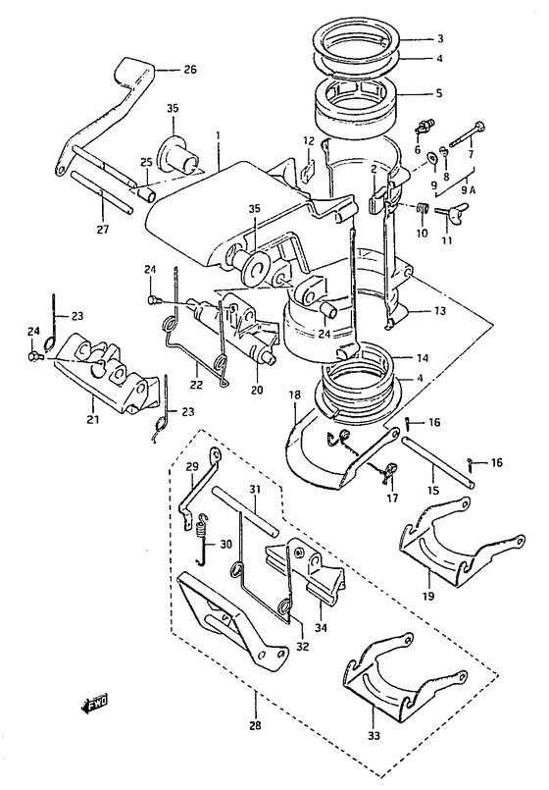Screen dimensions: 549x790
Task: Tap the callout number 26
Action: (190, 70)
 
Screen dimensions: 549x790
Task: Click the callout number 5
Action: (439, 93)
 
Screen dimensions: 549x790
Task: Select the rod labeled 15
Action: (438, 462)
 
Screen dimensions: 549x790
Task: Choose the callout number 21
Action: (92, 418)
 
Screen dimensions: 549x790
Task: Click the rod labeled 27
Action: (102, 192)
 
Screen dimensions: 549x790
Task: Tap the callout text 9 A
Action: (468, 190)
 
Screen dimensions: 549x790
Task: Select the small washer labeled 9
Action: (432, 158)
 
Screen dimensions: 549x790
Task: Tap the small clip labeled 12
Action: (308, 171)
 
